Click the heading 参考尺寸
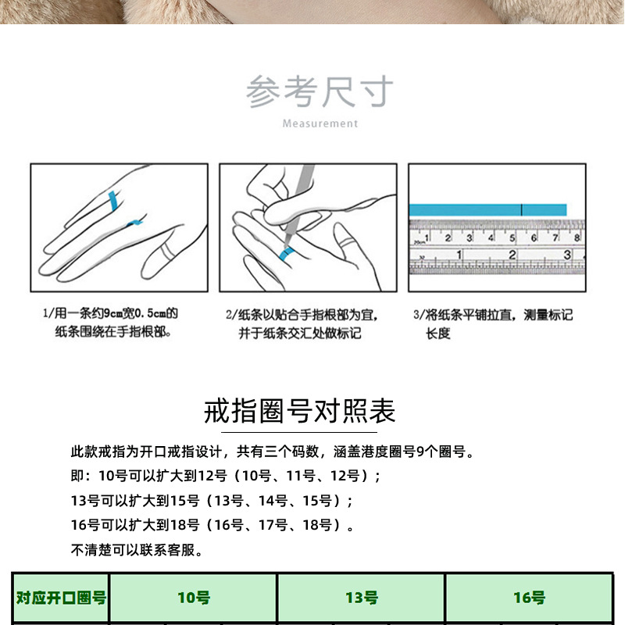tap(320, 93)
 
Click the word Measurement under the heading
tap(320, 123)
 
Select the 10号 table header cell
tap(193, 598)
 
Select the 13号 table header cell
tap(361, 598)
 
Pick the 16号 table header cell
tap(529, 598)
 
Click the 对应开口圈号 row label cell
tap(61, 598)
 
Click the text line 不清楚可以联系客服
tap(137, 550)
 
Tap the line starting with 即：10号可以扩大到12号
tap(226, 476)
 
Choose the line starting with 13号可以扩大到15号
tap(212, 501)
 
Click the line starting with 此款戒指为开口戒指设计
tap(273, 452)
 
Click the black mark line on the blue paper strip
tap(522, 209)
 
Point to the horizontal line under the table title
tap(300, 432)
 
